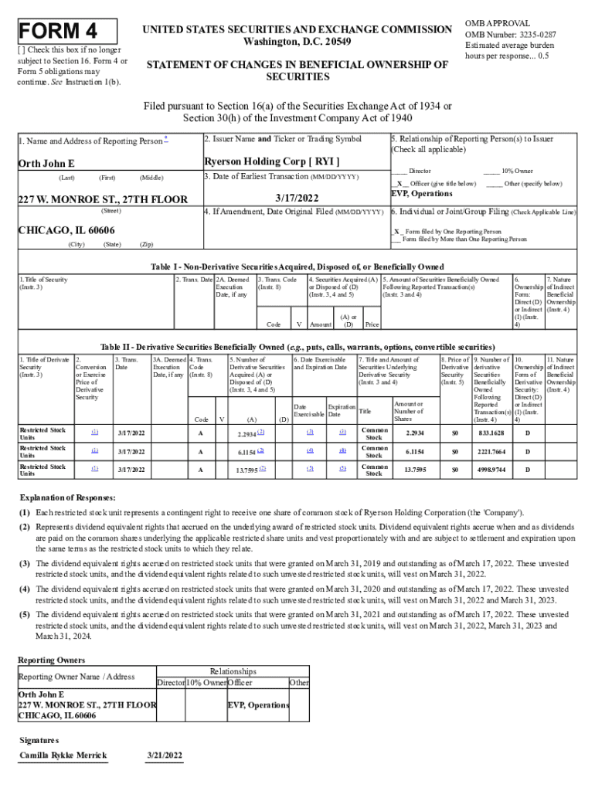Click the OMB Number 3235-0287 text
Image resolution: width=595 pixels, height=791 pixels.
[x=510, y=34]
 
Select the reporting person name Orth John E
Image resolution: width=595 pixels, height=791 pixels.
[x=46, y=164]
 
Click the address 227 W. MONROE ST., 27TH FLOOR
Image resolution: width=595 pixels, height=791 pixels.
[x=103, y=199]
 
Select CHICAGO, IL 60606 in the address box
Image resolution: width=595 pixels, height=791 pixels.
[x=66, y=231]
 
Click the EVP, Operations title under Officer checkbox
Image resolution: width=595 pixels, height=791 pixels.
[x=422, y=194]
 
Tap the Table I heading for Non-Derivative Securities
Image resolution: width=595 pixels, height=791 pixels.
[x=297, y=266]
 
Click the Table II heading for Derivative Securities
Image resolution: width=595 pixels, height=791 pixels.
[x=297, y=347]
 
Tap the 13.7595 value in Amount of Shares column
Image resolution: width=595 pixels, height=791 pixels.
[x=409, y=470]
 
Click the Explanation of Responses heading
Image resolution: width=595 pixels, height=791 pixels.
[x=67, y=497]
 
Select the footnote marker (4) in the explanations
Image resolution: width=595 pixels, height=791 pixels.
[x=25, y=589]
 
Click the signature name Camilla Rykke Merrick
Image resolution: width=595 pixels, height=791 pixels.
[x=63, y=755]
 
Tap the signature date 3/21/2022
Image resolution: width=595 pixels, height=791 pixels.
[x=164, y=755]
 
